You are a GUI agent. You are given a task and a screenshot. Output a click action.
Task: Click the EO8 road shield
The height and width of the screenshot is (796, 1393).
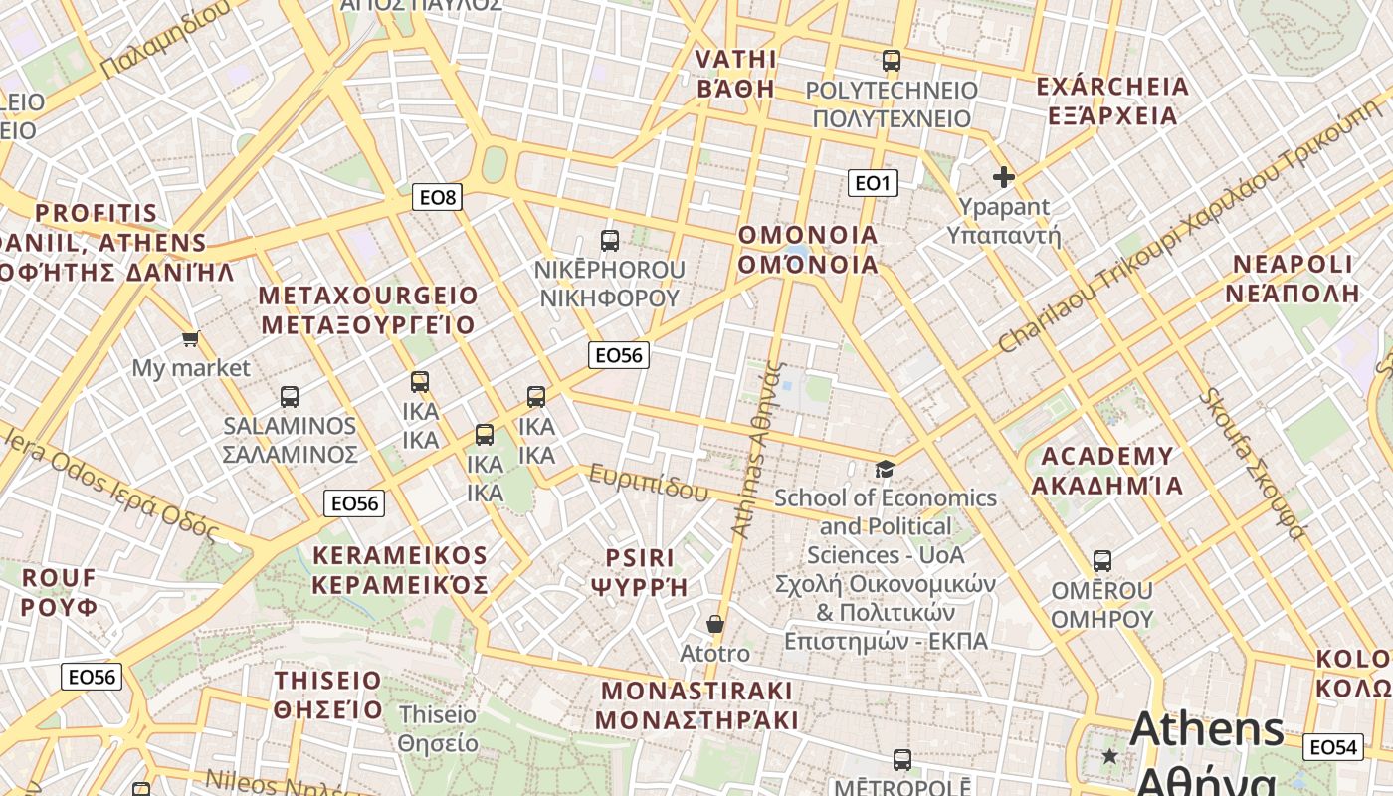[437, 197]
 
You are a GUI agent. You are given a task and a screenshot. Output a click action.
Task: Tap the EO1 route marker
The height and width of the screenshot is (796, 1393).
[873, 183]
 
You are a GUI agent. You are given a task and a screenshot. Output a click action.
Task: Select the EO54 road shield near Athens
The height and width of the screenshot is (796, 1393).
[1332, 747]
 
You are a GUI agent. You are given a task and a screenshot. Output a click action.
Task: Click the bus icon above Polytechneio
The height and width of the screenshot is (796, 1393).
[892, 61]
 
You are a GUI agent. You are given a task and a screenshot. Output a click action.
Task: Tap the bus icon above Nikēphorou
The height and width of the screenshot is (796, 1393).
[610, 240]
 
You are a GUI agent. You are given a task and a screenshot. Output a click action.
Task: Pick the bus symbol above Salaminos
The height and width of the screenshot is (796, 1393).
[290, 397]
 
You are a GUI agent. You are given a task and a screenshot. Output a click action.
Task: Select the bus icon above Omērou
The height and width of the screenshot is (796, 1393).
[1101, 560]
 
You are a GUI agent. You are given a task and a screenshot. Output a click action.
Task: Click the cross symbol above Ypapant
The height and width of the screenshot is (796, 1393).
[1004, 177]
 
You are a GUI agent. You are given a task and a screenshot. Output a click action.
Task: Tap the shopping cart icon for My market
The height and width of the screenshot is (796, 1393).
[191, 338]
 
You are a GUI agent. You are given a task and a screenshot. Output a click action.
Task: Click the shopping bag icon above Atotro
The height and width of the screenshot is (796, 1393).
[714, 624]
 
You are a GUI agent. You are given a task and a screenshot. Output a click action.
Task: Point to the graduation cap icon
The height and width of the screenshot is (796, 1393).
[885, 469]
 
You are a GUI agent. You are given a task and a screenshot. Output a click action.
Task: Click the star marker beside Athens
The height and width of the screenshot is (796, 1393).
[1110, 756]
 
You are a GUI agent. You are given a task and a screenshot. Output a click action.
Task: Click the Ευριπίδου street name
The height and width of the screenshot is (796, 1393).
[648, 483]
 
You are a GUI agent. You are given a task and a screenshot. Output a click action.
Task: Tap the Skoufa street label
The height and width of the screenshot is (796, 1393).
[1252, 464]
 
